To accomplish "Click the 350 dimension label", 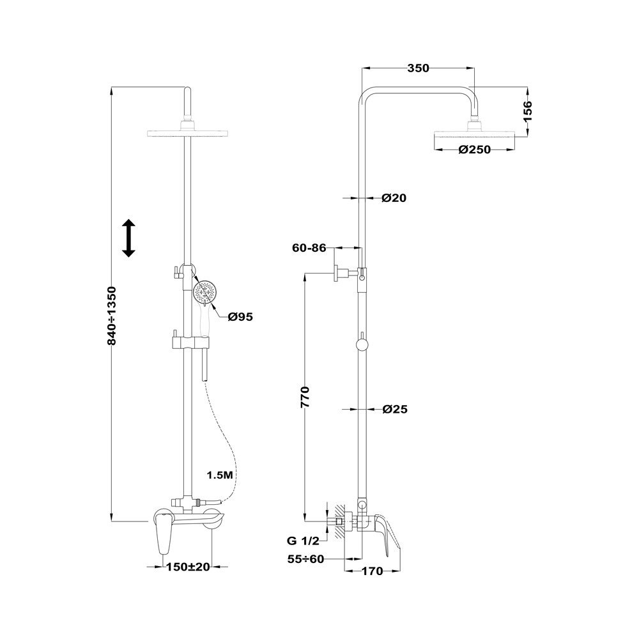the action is pos(418,68).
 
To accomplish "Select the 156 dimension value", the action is pos(527,111).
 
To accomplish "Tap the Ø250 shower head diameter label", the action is pos(474,150).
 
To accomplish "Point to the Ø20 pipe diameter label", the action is pos(394,198).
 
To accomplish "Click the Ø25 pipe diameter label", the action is pos(395,409).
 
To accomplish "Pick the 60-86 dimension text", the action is pos(309,248).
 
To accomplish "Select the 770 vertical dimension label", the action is pos(305,397).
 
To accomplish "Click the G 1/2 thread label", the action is pos(302,541).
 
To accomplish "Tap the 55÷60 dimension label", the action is pos(305,559).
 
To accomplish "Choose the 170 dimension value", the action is pos(373,571).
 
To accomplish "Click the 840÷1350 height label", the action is pos(112,316).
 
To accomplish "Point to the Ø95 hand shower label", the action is pos(240,317).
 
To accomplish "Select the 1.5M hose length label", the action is pos(220,475).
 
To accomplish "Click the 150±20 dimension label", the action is pos(188,567).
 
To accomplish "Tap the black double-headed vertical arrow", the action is pos(129,238).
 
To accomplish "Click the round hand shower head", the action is pos(205,291).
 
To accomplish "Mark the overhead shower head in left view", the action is pos(187,134).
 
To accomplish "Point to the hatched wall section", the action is pos(339,521).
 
